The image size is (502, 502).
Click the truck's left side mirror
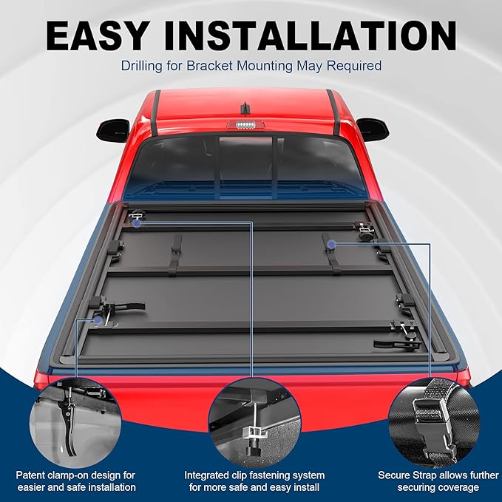click(112, 130)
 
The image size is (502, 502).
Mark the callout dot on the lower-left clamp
click(98, 320)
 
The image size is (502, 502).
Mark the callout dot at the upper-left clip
click(138, 221)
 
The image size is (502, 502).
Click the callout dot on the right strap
click(333, 242)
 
